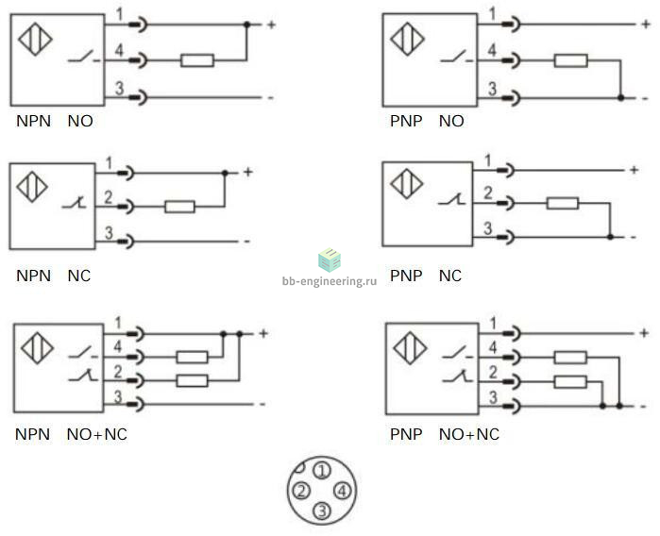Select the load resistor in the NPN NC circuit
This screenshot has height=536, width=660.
[178, 207]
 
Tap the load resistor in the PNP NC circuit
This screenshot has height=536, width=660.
[563, 203]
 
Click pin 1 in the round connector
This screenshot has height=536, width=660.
[322, 471]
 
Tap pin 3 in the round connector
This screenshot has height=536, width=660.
[322, 511]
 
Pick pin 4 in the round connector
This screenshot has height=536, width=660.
[342, 491]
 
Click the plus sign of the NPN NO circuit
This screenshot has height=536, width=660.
[271, 25]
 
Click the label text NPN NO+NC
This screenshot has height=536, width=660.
[72, 434]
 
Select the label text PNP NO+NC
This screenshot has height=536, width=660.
[444, 434]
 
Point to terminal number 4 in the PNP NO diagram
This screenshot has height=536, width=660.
[492, 51]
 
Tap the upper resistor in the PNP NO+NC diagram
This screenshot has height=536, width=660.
[569, 357]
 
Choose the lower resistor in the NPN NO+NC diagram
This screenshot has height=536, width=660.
[193, 380]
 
